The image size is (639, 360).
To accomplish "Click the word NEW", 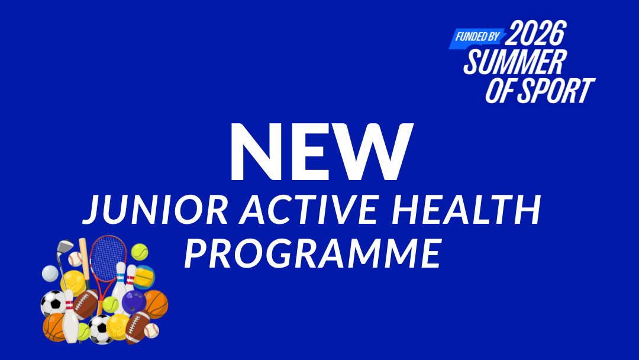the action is (321, 151).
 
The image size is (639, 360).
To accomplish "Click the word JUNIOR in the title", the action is (155, 210).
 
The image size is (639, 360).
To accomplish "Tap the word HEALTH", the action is (466, 210).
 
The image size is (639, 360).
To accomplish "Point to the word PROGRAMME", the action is (313, 253).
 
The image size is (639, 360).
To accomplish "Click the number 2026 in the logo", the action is (536, 33).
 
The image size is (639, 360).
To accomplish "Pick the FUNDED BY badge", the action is (477, 37).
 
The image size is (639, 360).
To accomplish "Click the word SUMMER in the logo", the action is (515, 62).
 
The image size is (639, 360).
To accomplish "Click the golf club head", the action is (65, 247).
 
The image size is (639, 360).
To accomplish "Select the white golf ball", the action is (50, 274).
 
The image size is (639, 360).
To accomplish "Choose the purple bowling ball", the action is (134, 302).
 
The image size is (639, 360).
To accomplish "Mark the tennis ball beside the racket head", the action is (140, 252).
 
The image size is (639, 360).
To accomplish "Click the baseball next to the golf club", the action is (75, 259).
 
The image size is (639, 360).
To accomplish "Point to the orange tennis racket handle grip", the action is (100, 306).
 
